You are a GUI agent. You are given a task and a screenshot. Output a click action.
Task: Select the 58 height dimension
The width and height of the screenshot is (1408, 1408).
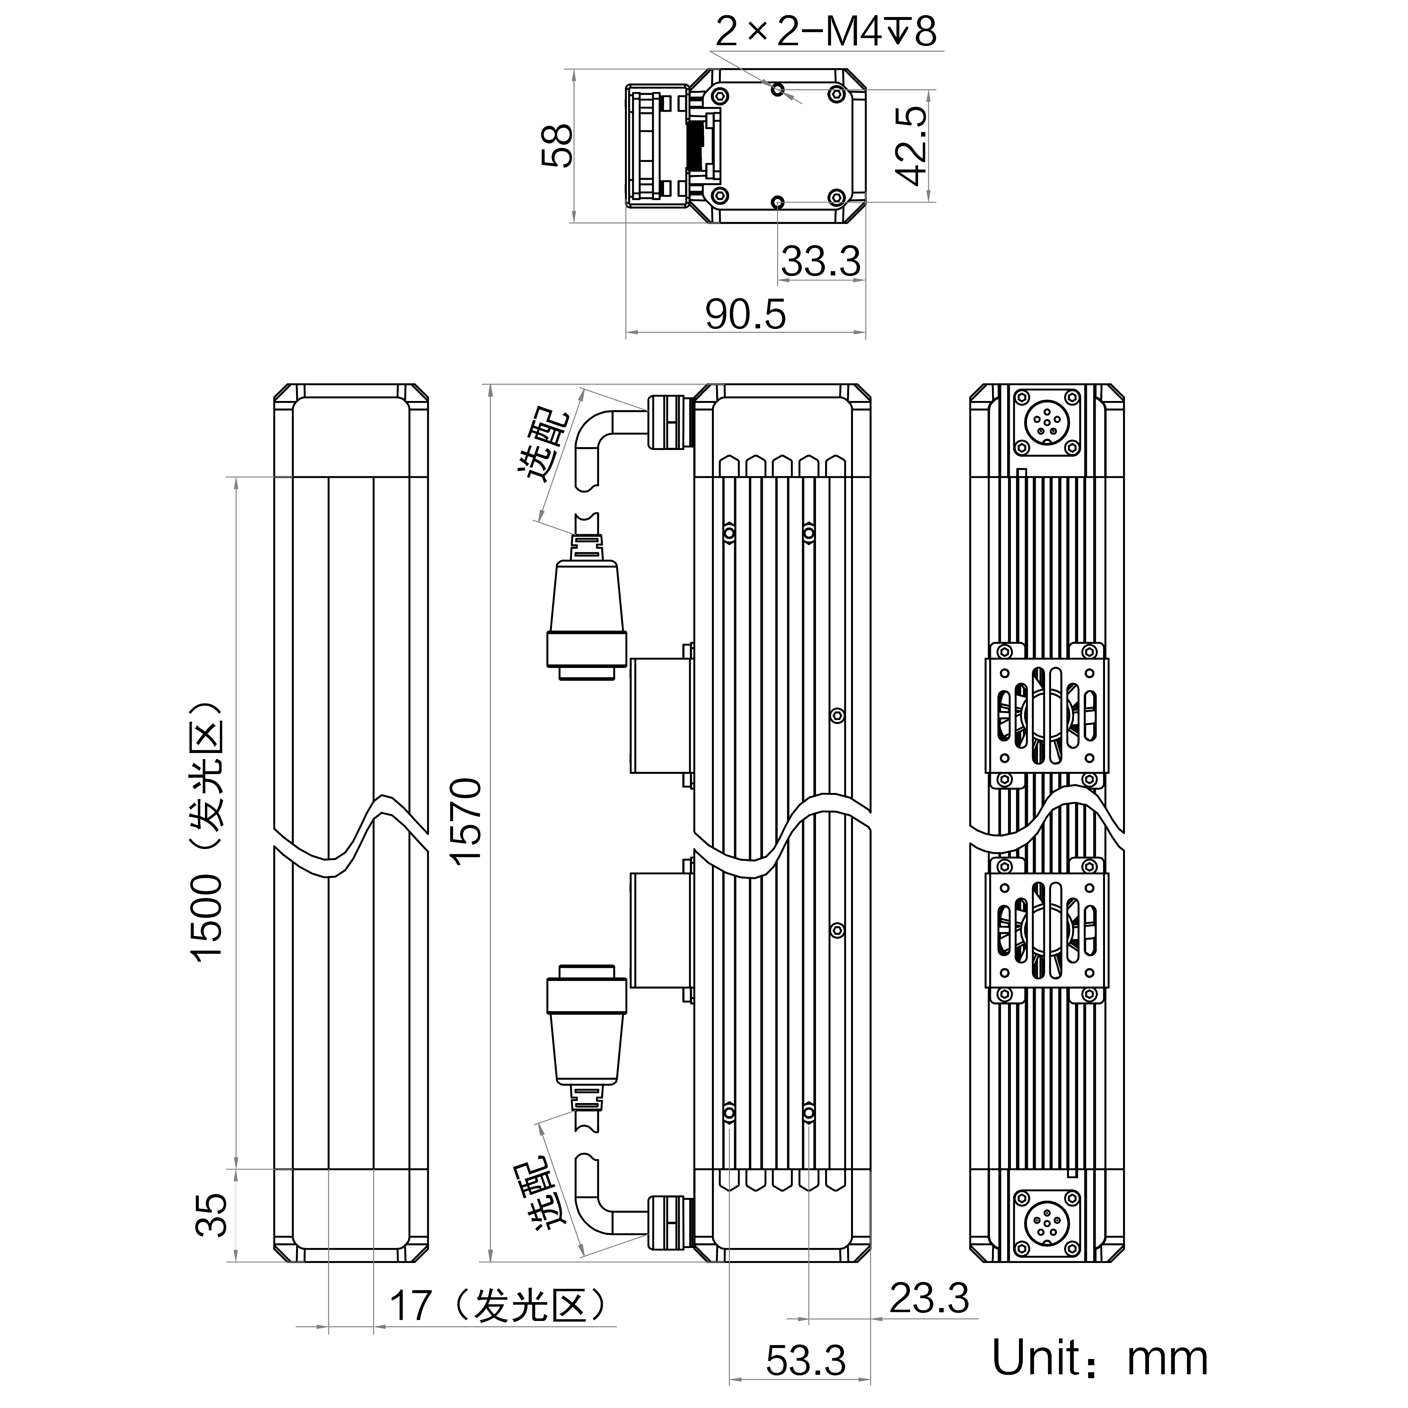[x=558, y=146]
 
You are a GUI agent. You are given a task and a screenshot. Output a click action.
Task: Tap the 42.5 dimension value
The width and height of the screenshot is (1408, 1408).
[x=911, y=146]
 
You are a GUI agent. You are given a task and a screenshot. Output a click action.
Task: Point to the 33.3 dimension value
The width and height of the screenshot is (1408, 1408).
[x=821, y=261]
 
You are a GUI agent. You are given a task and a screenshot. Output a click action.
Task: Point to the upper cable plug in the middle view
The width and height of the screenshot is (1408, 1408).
[x=587, y=609]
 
